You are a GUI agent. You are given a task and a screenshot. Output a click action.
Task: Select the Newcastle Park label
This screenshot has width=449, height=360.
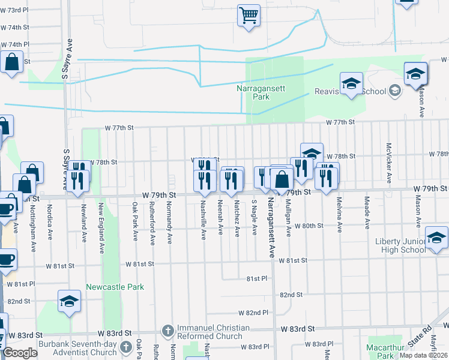click(x=115, y=287)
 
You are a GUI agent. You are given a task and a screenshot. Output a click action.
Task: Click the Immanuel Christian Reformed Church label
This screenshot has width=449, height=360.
click(x=213, y=333)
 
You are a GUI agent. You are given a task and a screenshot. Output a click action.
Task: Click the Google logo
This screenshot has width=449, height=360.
click(x=20, y=353)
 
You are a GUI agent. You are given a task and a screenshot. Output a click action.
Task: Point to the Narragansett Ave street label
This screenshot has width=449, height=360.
click(x=271, y=227)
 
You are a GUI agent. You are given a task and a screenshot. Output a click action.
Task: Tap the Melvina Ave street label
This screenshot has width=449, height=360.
click(x=339, y=215)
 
